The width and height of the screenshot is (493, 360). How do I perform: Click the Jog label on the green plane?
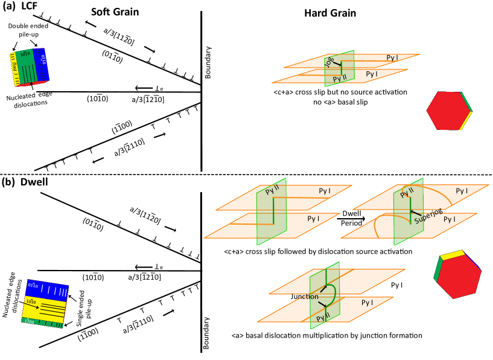[x=329, y=62]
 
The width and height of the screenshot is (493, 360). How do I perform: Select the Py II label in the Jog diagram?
[x=340, y=79]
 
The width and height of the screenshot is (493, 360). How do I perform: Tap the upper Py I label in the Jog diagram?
[x=392, y=58]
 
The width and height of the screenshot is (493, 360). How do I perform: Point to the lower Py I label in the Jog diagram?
[x=372, y=74]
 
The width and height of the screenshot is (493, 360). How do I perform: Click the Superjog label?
[x=428, y=216]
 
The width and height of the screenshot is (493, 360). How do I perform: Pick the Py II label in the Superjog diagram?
[x=407, y=193]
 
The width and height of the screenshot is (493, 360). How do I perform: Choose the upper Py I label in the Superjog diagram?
[x=462, y=191]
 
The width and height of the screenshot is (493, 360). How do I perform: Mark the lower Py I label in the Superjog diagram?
[x=450, y=219]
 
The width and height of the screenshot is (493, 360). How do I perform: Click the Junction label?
[x=305, y=297]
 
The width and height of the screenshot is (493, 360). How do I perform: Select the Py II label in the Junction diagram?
[x=323, y=317]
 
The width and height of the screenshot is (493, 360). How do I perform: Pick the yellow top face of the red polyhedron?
[x=452, y=254]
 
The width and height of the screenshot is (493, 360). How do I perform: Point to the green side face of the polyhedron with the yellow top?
[x=437, y=271]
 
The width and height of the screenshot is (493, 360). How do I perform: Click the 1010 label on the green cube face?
[x=25, y=54]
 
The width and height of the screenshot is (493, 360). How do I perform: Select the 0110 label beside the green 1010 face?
[x=43, y=60]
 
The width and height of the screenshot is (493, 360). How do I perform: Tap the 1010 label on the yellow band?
[x=31, y=301]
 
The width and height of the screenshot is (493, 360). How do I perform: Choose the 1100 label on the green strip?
[x=29, y=321]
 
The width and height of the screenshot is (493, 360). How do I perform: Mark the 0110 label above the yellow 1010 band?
[x=33, y=285]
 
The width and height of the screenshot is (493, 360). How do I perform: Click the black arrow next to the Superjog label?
[x=416, y=213]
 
